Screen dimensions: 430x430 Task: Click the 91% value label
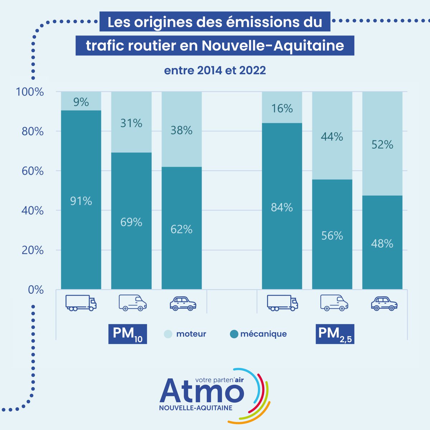coord(81,201)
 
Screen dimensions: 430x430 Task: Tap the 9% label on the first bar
coord(81,102)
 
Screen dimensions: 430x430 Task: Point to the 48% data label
coord(382,244)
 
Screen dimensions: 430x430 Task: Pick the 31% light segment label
coord(131,124)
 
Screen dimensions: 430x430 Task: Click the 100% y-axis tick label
coord(30,92)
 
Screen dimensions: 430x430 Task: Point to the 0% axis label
coord(36,290)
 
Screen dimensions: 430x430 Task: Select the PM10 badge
coord(128,334)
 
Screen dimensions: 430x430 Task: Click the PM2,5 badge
coord(335,334)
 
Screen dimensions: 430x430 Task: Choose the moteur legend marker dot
coord(168,334)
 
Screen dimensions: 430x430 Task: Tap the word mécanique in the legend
coord(263,334)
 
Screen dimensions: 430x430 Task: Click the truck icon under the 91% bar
coord(81,303)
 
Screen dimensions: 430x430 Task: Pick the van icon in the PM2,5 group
coord(334,303)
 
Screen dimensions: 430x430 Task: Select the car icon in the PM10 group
coord(183,304)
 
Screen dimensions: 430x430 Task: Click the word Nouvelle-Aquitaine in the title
coord(273,46)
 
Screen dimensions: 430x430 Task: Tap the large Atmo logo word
coord(202,392)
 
